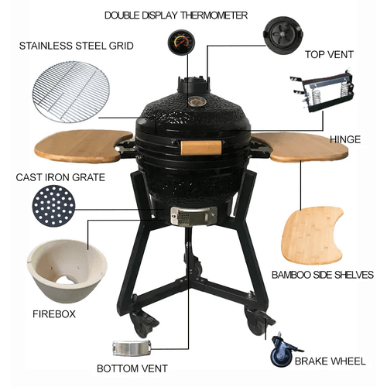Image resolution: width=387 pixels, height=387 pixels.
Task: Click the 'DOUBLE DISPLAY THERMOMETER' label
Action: pyautogui.click(x=176, y=15)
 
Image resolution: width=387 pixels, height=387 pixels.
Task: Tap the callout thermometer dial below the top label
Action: pyautogui.click(x=181, y=43)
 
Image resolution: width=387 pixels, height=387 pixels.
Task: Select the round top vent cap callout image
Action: pyautogui.click(x=283, y=36)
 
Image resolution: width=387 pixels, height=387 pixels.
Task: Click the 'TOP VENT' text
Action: pyautogui.click(x=329, y=55)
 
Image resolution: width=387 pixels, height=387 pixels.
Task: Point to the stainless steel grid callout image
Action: pyautogui.click(x=71, y=91)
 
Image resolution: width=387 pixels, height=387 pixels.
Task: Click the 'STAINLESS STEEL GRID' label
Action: pyautogui.click(x=77, y=46)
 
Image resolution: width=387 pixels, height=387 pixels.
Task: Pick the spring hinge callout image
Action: pyautogui.click(x=322, y=91)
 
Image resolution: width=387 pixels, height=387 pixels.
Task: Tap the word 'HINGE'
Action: pyautogui.click(x=345, y=139)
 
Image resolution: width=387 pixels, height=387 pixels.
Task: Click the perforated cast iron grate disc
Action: pyautogui.click(x=54, y=206)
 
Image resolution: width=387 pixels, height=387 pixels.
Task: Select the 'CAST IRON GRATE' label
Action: pyautogui.click(x=60, y=177)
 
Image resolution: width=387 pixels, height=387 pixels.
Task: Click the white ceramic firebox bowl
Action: pyautogui.click(x=67, y=271)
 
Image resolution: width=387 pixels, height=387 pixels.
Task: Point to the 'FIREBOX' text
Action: pyautogui.click(x=54, y=314)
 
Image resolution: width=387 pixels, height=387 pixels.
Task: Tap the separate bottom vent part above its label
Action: pyautogui.click(x=132, y=348)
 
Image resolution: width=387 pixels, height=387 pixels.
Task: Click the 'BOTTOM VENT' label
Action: pyautogui.click(x=132, y=368)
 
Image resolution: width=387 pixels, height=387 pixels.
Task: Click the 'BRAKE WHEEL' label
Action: pyautogui.click(x=330, y=361)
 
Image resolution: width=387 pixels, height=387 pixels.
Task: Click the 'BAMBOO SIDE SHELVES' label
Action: pyautogui.click(x=323, y=275)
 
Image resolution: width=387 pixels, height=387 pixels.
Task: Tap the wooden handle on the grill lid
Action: pyautogui.click(x=201, y=148)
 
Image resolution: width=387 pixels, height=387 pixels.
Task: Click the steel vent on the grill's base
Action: pyautogui.click(x=193, y=216)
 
